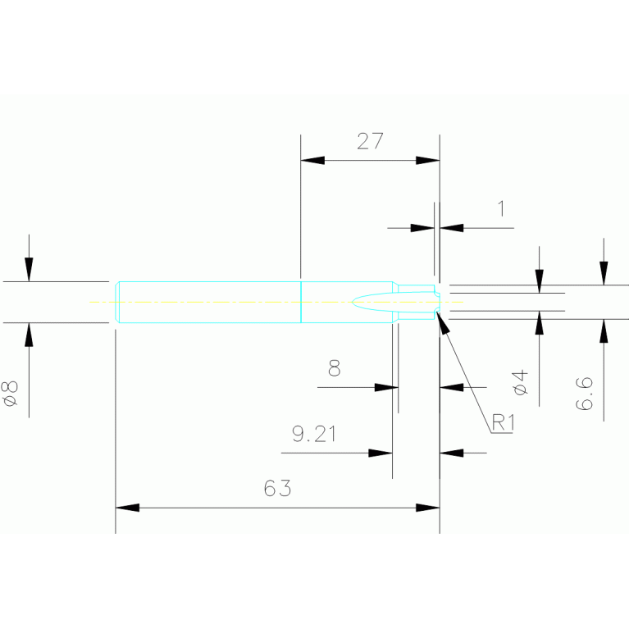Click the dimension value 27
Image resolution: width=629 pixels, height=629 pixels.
pos(370,140)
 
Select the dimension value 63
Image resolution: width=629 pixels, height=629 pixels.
pos(277,489)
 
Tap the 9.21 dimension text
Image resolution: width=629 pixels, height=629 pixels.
pos(314,434)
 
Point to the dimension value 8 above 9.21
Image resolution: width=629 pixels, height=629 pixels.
pos(334,368)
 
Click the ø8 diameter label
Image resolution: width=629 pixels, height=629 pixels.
pos(11,393)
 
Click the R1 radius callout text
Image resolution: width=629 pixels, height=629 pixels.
pos(502,423)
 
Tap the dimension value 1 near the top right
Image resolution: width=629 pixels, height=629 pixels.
pos(501,207)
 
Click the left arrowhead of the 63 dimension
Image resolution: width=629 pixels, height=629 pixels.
pos(128,508)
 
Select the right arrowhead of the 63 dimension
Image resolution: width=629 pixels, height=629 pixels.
pos(427,508)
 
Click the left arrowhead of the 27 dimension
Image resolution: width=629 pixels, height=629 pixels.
pos(312,160)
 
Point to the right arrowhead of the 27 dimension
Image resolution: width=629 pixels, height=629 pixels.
pos(427,160)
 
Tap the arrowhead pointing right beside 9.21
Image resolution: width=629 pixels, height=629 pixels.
pos(381,452)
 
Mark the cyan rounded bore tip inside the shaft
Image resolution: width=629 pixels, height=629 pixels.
pos(358,301)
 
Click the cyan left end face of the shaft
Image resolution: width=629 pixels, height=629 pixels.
pos(117,302)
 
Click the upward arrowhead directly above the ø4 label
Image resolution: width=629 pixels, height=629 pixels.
pos(539,324)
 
